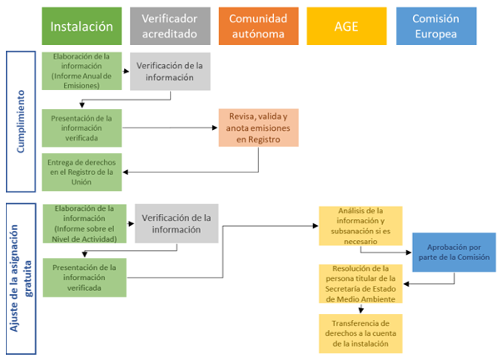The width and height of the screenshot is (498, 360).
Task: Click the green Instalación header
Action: pos(82,26)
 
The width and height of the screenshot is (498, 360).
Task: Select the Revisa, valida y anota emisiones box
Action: pos(259,128)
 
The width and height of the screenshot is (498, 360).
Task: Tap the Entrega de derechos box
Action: pos(82,172)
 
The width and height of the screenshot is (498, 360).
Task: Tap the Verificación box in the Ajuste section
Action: pos(176,223)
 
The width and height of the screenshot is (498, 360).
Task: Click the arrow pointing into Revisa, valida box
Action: pos(212,127)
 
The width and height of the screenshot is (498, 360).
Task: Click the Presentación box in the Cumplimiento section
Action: pos(82,127)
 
